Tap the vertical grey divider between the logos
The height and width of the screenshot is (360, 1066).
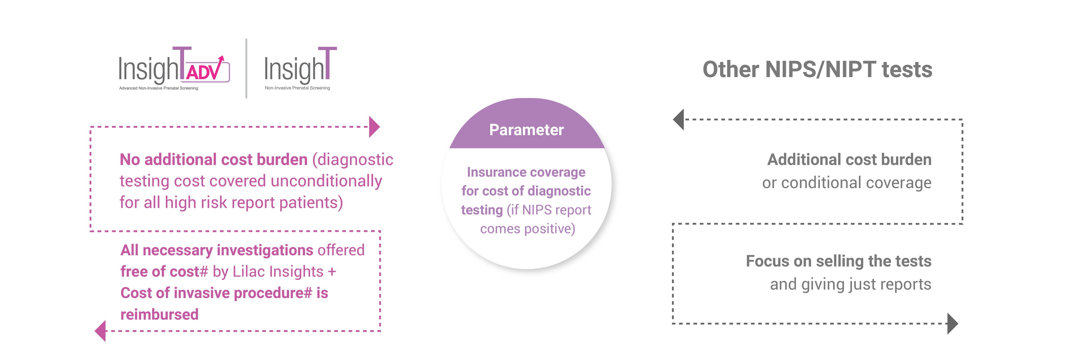pos(247,68)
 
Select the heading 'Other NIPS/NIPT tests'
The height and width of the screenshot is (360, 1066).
pos(817,70)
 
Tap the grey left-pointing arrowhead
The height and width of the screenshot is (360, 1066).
pos(679,120)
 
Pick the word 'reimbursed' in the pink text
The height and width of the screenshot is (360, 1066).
pos(159,314)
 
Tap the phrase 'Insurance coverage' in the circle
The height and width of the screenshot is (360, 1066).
pos(526,172)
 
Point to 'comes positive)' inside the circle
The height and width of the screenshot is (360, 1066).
pos(528,229)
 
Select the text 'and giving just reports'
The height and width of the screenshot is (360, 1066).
pos(850,284)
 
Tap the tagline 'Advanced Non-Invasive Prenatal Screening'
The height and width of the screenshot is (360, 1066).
pos(158,88)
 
